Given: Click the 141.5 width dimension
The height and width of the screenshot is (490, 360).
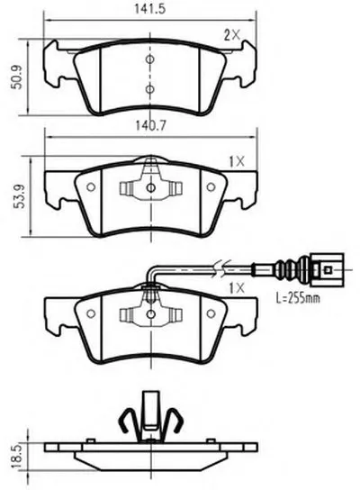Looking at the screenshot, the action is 149,8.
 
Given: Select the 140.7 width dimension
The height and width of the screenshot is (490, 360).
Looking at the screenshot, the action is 151,125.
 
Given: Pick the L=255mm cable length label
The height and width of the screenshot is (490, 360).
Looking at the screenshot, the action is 298,297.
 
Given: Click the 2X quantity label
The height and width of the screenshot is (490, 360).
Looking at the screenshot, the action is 232,35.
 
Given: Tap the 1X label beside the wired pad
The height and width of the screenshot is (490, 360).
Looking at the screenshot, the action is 237,288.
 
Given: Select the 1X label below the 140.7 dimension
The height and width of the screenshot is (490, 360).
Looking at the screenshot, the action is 237,161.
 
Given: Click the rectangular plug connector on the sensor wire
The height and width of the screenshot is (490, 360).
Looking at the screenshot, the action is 327,269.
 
